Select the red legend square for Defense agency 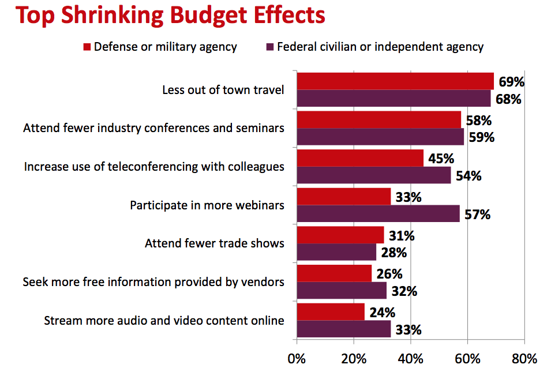pos(87,47)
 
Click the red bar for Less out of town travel pos(395,81)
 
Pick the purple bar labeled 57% pos(378,214)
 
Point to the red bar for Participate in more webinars pos(344,197)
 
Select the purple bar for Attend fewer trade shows pos(336,252)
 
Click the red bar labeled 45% pos(360,158)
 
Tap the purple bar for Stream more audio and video pos(344,329)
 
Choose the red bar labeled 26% pos(335,273)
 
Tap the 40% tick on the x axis pos(411,358)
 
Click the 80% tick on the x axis pos(524,358)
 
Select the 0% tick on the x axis pos(297,358)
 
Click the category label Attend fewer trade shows pos(214,243)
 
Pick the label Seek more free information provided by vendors pos(153,282)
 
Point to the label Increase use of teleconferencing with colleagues pos(154,167)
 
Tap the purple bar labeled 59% pos(381,137)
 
